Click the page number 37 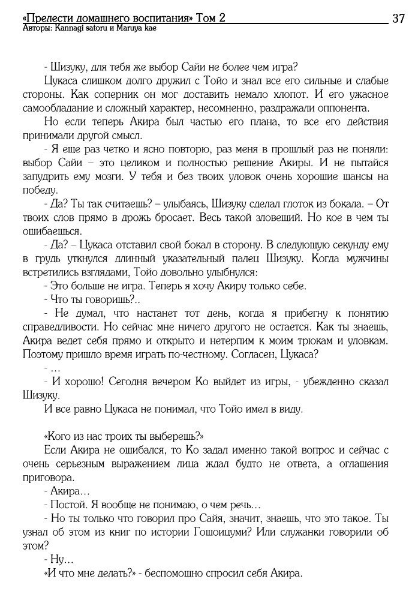[x=398, y=19]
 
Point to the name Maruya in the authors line [x=128, y=28]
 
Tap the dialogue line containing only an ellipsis [x=52, y=368]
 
